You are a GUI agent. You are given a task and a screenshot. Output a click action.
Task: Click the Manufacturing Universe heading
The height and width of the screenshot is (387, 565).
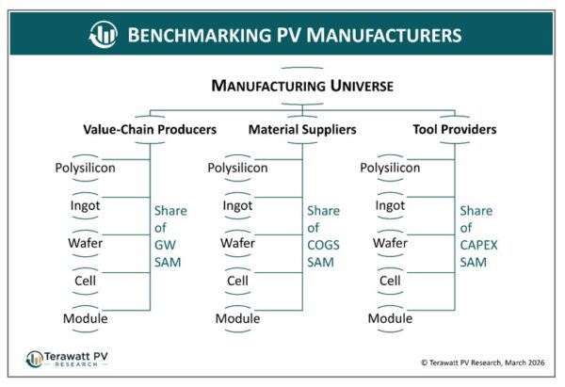point(302,86)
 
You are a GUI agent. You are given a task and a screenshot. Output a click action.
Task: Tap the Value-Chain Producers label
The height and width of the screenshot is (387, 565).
point(150,129)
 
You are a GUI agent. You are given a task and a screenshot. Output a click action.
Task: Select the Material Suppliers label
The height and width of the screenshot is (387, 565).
point(302,129)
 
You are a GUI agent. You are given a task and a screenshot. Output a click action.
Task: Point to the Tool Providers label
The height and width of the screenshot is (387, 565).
point(455,129)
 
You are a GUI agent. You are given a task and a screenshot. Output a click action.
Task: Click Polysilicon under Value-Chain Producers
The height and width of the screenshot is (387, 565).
point(85,168)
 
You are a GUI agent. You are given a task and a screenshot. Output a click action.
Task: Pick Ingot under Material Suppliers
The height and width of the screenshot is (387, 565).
point(237,206)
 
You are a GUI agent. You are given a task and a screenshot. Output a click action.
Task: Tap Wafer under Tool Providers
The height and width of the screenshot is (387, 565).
point(390,243)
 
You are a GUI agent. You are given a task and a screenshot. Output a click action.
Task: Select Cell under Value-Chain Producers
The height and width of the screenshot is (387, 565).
point(85,281)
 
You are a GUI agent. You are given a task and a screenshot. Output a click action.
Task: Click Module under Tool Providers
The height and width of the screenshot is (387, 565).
point(390,318)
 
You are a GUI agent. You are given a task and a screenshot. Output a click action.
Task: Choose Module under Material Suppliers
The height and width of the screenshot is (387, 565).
point(237,318)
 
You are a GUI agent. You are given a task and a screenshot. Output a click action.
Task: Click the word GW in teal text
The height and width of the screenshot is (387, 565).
point(165,245)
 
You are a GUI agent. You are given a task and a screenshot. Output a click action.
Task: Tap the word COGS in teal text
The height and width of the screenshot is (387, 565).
point(323,245)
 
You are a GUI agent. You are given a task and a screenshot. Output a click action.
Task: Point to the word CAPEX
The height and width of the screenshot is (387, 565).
point(478,245)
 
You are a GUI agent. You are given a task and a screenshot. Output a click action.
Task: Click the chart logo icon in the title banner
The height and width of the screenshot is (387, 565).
point(103,35)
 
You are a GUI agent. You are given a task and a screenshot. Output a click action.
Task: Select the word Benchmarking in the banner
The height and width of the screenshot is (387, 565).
point(200,36)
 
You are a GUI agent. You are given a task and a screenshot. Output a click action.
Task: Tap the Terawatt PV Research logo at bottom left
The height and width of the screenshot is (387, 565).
point(67,360)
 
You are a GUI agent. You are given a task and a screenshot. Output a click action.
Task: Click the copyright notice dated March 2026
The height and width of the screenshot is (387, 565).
point(483,363)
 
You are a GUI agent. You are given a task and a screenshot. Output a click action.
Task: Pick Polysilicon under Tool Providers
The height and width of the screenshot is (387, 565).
point(390,168)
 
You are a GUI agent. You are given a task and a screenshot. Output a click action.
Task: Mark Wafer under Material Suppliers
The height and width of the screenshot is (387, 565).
point(237,243)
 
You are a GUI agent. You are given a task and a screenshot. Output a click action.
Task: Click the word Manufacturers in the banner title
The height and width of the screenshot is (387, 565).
point(384,36)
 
